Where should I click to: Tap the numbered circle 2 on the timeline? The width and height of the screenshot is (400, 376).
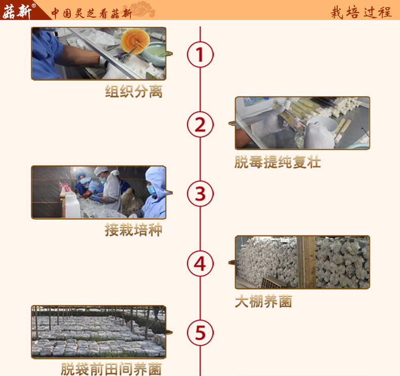coord(201,124)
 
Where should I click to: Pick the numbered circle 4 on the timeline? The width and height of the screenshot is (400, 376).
coord(201,264)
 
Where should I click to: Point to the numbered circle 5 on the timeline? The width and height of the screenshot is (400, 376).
coord(201,333)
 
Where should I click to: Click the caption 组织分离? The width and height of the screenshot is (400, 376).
coord(134,92)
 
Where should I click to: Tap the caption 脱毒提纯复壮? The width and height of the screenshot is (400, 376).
coord(277,162)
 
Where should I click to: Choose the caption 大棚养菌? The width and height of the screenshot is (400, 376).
coord(263,302)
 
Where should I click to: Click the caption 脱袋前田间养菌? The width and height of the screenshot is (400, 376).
coord(111,369)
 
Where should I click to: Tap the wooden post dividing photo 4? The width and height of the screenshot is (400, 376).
coord(306,262)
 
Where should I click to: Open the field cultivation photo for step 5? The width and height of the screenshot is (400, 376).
coord(99,332)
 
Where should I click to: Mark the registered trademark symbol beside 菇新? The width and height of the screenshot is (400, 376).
coord(34,6)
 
